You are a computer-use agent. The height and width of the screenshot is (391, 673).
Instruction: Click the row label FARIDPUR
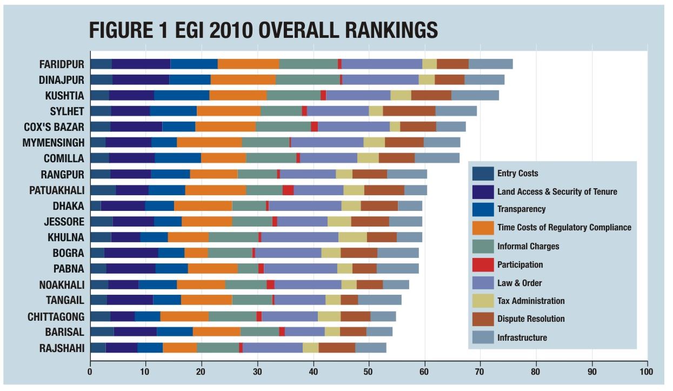(62, 64)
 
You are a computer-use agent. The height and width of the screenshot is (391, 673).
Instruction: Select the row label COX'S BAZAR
(54, 127)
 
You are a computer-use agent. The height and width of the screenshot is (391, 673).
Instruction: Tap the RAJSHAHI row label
(62, 348)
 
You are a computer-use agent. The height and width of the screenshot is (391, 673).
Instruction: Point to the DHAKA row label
(69, 206)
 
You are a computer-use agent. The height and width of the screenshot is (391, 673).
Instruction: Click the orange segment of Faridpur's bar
(248, 64)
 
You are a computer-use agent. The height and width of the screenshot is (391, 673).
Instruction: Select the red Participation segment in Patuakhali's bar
(288, 190)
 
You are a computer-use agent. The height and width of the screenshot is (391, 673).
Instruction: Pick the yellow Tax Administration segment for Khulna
(352, 237)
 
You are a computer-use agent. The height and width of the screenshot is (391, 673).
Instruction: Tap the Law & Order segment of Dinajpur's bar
(381, 79)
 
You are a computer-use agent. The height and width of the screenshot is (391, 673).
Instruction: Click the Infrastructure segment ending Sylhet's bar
(456, 111)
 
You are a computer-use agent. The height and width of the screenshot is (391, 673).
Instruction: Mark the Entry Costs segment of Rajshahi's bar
(98, 348)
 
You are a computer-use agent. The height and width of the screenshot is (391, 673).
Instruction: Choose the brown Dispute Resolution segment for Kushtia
(431, 95)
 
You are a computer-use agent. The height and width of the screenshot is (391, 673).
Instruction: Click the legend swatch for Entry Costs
(483, 174)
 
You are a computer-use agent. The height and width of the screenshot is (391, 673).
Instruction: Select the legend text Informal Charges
(528, 246)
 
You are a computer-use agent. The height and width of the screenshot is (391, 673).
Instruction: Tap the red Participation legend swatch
(483, 264)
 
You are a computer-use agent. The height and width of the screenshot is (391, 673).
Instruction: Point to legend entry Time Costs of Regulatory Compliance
(564, 228)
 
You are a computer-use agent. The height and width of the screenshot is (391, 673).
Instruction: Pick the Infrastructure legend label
(522, 337)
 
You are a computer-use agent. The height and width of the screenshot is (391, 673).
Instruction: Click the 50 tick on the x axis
(369, 372)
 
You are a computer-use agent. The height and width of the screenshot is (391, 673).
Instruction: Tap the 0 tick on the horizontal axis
(90, 372)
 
